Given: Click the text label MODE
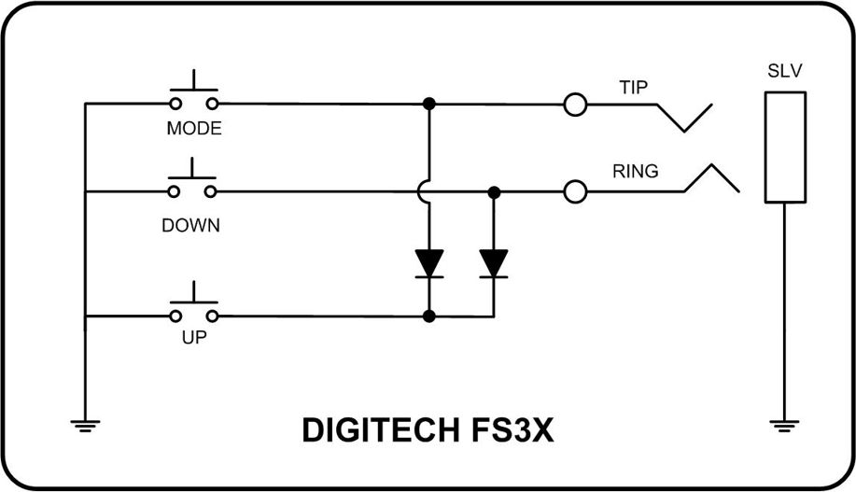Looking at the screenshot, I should [194, 129].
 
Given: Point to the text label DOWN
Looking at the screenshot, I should [190, 225].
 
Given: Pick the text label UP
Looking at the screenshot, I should [193, 338].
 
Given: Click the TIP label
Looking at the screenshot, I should [633, 87].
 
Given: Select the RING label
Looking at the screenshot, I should [636, 172].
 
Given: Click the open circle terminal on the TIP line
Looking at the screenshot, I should [576, 105].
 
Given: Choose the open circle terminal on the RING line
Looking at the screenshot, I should [576, 192].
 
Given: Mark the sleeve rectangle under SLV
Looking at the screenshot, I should [784, 147].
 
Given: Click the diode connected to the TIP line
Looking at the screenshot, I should [429, 263].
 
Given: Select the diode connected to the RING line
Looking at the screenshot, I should [493, 263].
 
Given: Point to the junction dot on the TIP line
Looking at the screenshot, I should [429, 104].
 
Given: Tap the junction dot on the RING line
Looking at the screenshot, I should [494, 192].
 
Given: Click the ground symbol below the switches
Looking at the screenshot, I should [85, 426].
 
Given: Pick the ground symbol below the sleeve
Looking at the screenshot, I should [784, 426].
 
